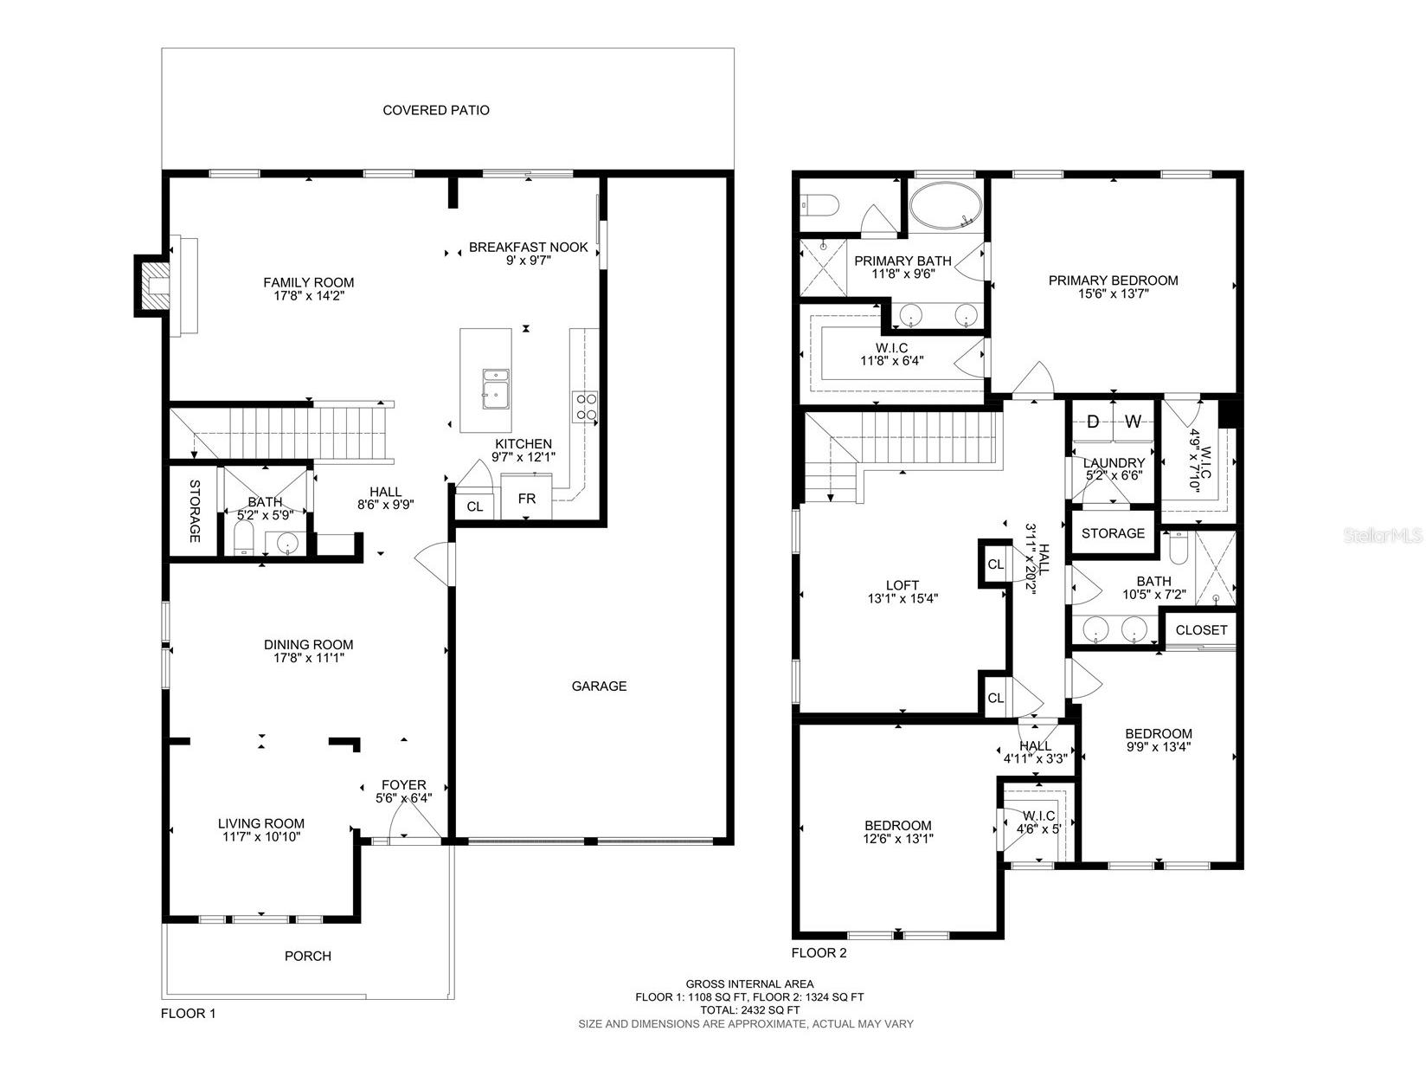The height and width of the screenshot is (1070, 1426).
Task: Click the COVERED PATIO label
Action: click(x=436, y=110)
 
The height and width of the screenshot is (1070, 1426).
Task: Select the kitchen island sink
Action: click(x=496, y=387)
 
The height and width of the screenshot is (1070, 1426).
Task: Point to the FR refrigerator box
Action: click(x=526, y=500)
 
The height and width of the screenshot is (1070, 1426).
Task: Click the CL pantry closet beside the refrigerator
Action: click(x=474, y=506)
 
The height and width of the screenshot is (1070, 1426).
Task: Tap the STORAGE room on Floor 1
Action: click(x=194, y=511)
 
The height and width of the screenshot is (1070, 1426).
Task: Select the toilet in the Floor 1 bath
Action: click(x=244, y=538)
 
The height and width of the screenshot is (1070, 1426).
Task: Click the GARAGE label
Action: click(x=599, y=686)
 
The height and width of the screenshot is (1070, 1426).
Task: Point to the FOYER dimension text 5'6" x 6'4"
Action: click(x=403, y=798)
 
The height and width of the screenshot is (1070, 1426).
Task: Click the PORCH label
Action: click(x=308, y=956)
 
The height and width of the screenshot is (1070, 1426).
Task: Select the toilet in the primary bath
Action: click(x=820, y=205)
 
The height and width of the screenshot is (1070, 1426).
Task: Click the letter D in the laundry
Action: click(x=1093, y=422)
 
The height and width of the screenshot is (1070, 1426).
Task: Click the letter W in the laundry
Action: click(x=1134, y=422)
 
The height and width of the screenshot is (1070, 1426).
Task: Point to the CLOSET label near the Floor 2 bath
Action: click(x=1201, y=629)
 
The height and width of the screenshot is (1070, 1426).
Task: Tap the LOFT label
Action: click(x=902, y=585)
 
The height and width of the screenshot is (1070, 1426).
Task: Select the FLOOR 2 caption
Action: click(x=819, y=953)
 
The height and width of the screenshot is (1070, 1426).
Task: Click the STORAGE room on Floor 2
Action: click(x=1113, y=533)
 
